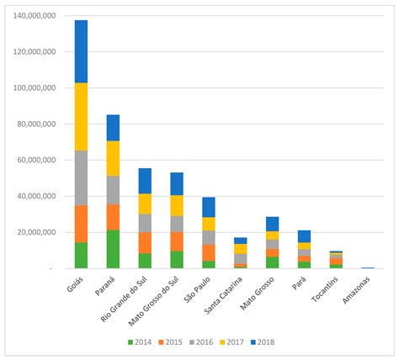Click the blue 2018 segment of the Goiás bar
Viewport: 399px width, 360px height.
click(x=81, y=51)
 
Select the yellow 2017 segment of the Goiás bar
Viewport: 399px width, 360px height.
click(x=81, y=117)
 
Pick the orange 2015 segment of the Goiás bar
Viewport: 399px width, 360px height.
click(x=81, y=224)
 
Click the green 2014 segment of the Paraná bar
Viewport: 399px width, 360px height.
click(x=113, y=249)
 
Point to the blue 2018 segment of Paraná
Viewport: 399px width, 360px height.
click(x=113, y=128)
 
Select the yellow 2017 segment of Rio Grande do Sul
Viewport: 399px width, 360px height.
click(x=145, y=204)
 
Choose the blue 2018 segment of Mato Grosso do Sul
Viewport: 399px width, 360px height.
click(x=177, y=183)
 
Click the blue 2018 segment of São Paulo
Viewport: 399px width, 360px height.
click(x=209, y=207)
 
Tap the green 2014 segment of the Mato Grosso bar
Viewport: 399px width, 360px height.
click(x=273, y=262)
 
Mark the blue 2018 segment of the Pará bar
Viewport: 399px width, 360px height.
click(x=304, y=236)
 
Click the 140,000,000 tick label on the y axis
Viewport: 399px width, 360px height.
click(x=35, y=16)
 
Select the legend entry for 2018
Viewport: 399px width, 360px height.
click(x=261, y=342)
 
